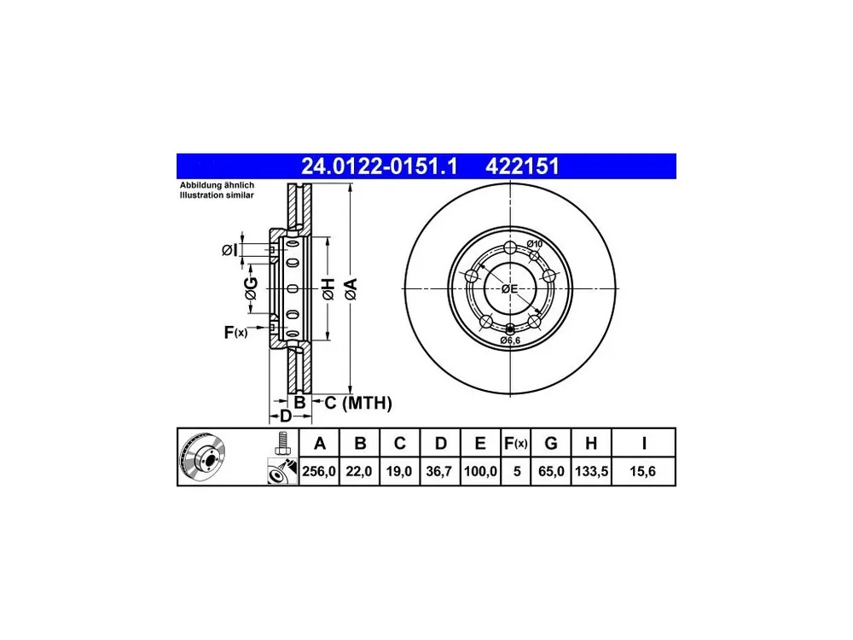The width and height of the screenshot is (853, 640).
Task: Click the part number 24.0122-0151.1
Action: click(380, 166)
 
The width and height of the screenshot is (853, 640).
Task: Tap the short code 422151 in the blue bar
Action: click(522, 166)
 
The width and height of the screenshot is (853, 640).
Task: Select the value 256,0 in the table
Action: click(319, 471)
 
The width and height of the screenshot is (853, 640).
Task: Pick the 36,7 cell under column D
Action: click(439, 471)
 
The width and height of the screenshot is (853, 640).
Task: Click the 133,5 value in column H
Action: click(591, 471)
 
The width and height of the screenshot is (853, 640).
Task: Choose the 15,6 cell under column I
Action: click(642, 471)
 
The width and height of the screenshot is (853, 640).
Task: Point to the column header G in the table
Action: click(551, 443)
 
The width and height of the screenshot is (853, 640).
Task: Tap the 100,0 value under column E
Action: click(480, 471)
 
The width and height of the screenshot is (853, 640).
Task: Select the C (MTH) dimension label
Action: click(358, 403)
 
